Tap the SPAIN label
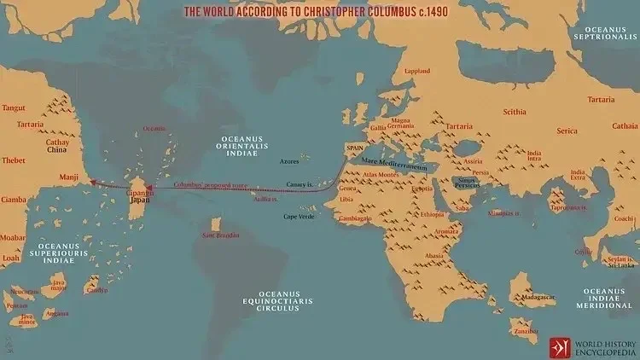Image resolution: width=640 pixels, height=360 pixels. click(355, 148)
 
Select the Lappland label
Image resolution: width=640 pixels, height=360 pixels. click(416, 71)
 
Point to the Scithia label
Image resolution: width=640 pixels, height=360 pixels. click(515, 112)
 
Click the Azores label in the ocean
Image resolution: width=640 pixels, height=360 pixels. click(291, 160)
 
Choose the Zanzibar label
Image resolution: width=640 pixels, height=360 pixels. click(526, 329)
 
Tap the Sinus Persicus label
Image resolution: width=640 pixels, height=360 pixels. click(465, 182)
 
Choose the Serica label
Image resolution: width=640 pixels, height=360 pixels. click(567, 131)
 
